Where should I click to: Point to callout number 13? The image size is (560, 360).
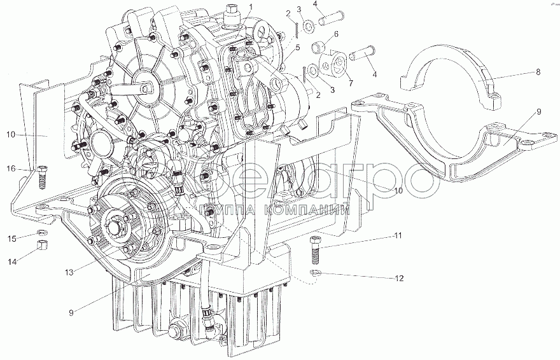pyautogui.click(x=69, y=272)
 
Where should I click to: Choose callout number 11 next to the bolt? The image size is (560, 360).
pyautogui.click(x=398, y=237)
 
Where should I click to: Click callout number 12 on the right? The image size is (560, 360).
pyautogui.click(x=398, y=277)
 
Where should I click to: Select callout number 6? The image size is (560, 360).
pyautogui.click(x=336, y=34)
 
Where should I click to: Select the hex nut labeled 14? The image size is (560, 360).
pyautogui.click(x=42, y=246)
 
